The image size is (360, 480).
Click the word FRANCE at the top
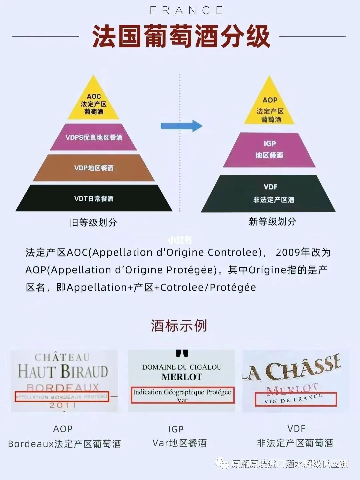(186, 10)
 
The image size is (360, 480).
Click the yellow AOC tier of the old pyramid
(94, 104)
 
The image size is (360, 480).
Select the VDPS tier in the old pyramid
(94, 137)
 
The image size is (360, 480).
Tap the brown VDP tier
(94, 168)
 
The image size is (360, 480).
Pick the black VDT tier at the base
(94, 198)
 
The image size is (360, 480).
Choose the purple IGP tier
(269, 149)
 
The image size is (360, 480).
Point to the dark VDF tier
(269, 193)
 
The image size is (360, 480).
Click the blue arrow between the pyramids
(181, 126)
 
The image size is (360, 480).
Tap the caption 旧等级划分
(93, 222)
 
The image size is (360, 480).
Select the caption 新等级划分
(272, 221)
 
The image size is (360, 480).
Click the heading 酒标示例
(179, 326)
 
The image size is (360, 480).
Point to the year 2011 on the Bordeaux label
(63, 406)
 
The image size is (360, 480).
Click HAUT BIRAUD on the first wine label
(63, 371)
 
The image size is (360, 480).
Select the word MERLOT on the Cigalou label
(182, 377)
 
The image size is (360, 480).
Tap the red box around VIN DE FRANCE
(296, 399)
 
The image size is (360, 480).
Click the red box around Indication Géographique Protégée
(182, 395)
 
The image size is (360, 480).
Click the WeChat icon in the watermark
(222, 463)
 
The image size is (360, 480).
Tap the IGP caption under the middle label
(176, 429)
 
